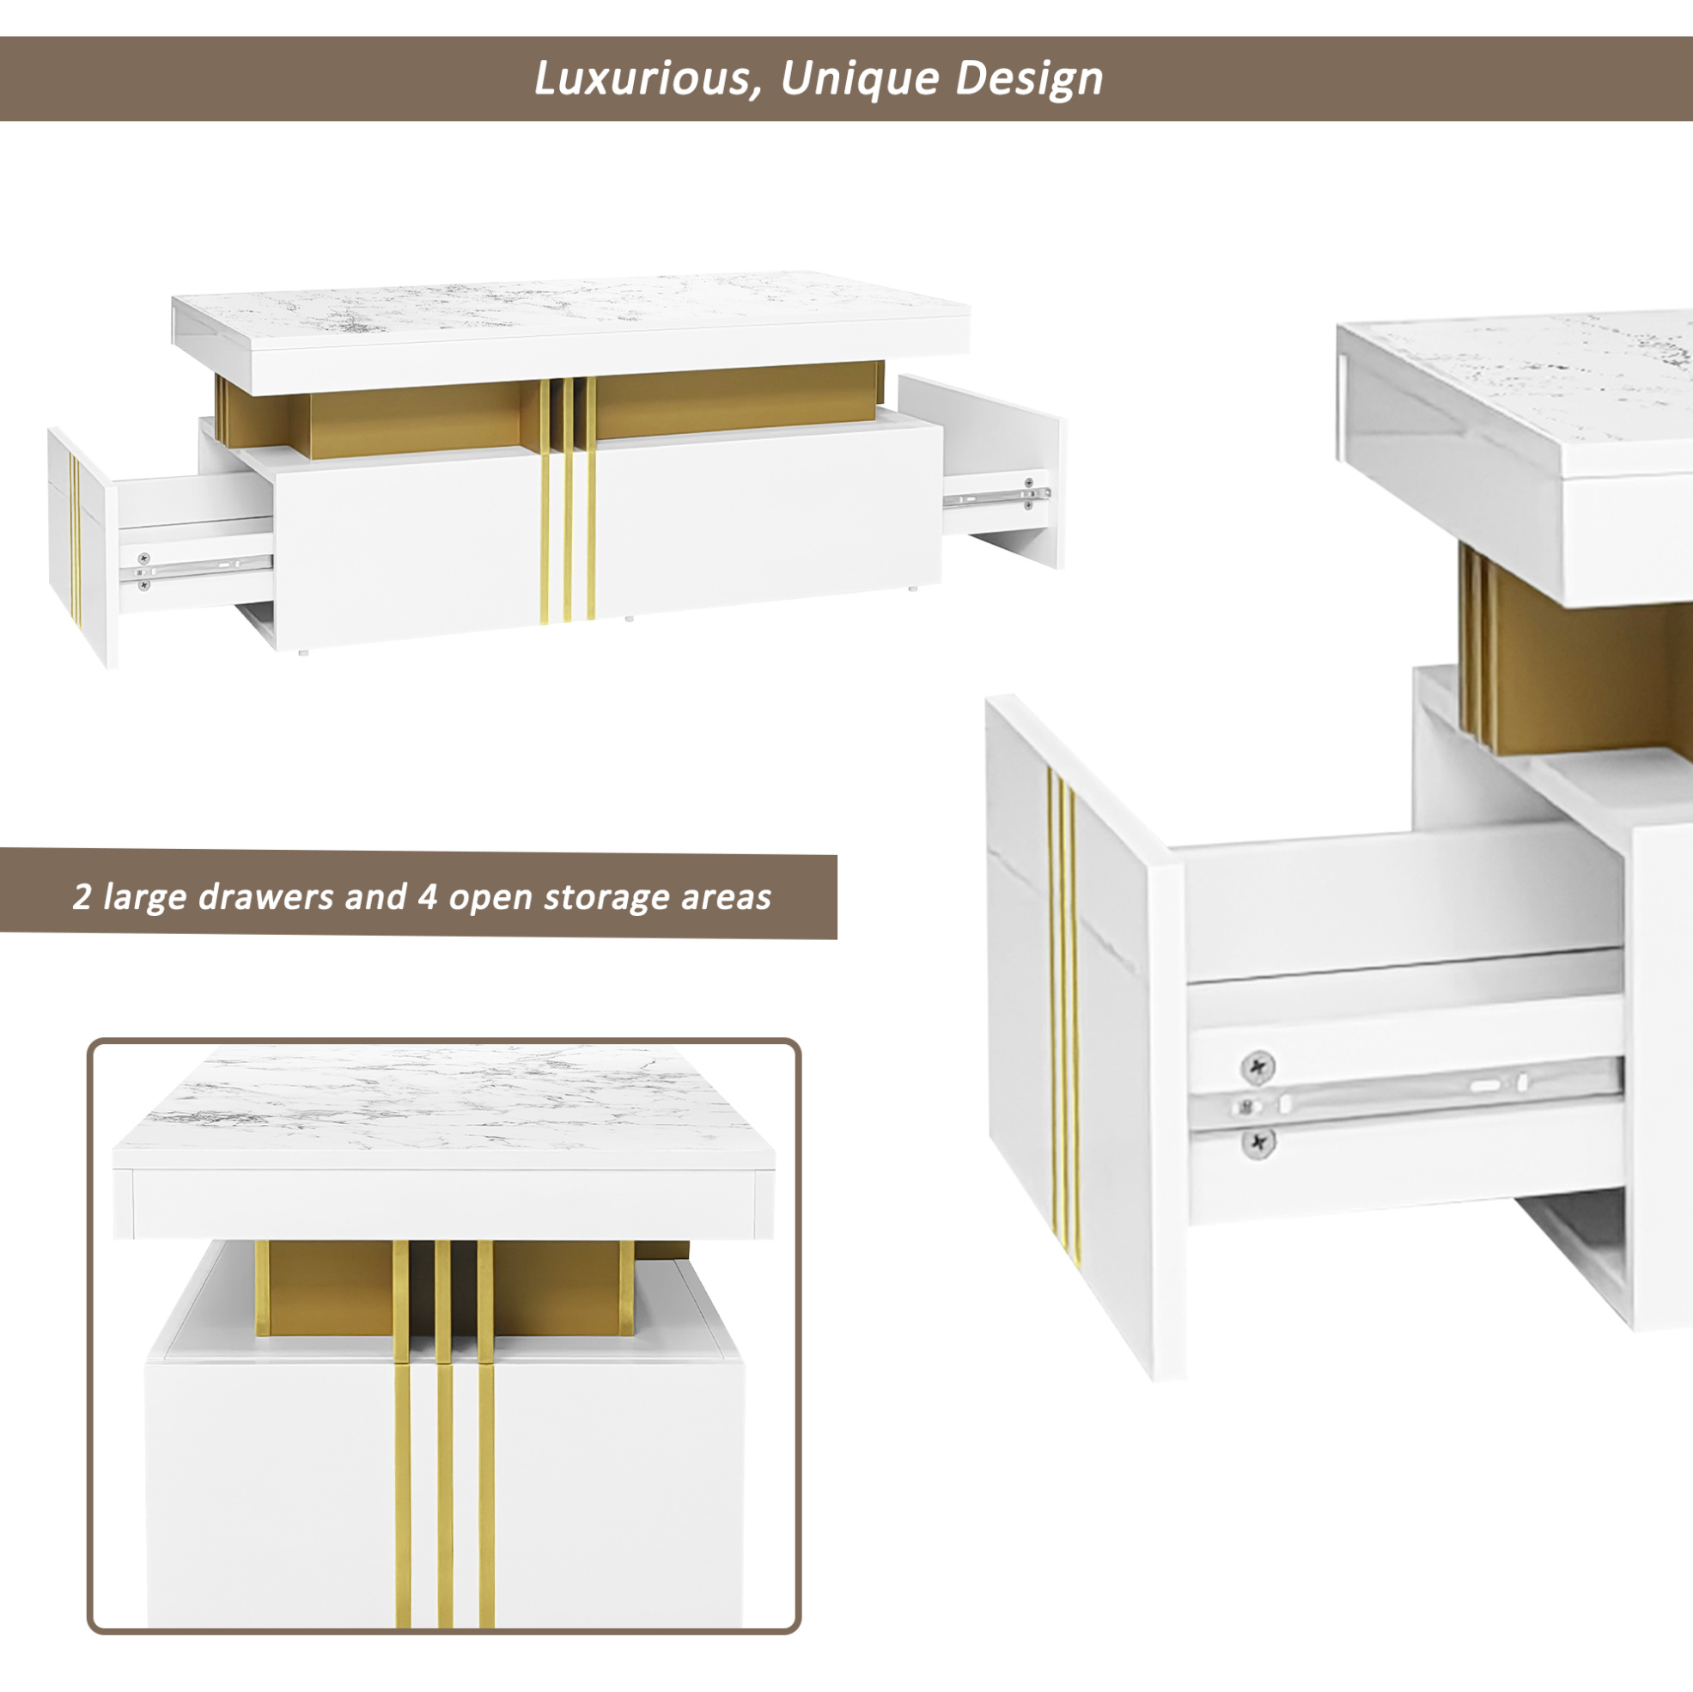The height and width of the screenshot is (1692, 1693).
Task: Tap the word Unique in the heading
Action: [x=858, y=80]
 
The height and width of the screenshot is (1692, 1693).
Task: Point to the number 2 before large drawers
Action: [x=82, y=896]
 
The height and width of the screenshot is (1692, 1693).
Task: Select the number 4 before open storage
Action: [x=428, y=896]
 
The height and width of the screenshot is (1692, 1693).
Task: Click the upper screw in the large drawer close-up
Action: [x=1258, y=1067]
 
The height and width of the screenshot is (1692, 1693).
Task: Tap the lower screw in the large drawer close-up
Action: [x=1258, y=1142]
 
